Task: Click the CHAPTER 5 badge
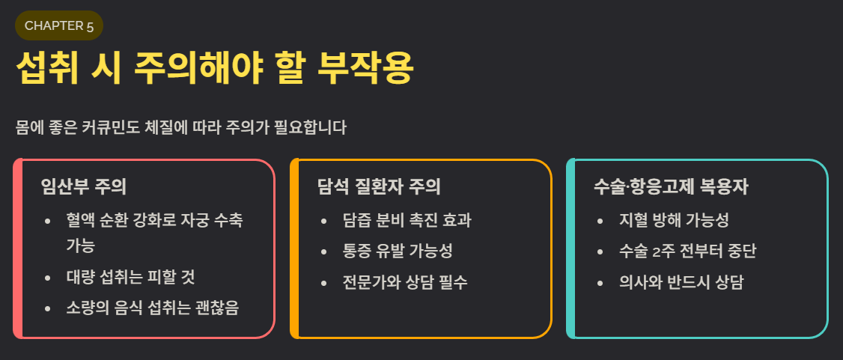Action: click(x=58, y=25)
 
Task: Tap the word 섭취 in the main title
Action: click(x=47, y=70)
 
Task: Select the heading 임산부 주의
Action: click(x=83, y=186)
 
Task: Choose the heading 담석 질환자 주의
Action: click(x=379, y=186)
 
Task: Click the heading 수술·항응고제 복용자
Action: click(x=670, y=186)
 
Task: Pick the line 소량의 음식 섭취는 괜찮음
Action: click(x=152, y=308)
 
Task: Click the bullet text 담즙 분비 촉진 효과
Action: click(x=407, y=220)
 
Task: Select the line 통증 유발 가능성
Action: click(x=397, y=251)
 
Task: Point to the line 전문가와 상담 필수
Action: click(x=405, y=282)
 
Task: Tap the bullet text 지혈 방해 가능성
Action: click(x=674, y=220)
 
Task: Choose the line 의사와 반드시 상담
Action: click(x=681, y=282)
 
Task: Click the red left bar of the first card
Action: click(x=17, y=248)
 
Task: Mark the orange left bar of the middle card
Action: click(x=294, y=248)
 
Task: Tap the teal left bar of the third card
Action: click(x=570, y=248)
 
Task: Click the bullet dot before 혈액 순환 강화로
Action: click(x=48, y=221)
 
